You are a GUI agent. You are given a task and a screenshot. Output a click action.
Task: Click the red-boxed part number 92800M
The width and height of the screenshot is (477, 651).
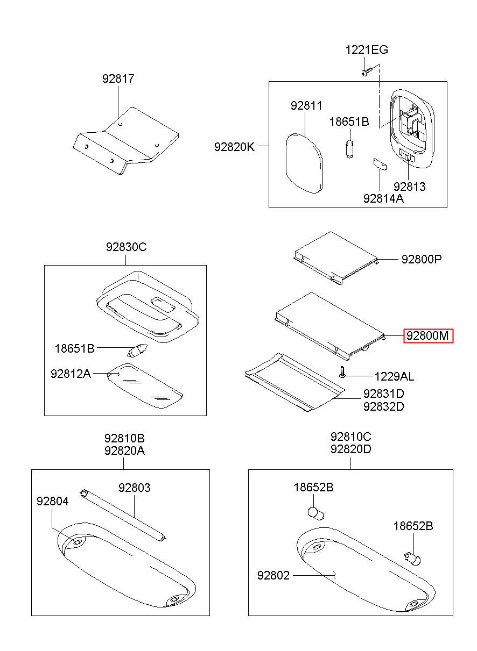427,336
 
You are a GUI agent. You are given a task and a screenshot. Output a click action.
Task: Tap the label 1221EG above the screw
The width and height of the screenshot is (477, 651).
366,50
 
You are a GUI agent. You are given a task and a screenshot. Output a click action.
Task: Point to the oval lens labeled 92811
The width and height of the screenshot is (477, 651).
304,163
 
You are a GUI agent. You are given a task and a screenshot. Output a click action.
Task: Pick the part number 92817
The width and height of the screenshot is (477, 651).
118,78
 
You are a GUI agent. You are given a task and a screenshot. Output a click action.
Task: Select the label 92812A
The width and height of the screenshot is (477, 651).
71,374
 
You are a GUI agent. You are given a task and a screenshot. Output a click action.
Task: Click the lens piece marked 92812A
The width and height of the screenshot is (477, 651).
144,387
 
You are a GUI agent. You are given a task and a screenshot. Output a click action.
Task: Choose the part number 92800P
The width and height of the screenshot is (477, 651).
421,259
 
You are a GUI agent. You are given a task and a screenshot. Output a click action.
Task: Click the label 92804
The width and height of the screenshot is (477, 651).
53,501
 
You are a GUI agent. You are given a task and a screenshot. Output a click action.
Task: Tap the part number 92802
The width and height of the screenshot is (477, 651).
273,576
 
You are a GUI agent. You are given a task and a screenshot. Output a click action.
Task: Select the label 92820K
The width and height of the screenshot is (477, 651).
234,146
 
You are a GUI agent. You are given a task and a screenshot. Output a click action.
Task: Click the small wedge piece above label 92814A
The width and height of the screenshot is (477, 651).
380,164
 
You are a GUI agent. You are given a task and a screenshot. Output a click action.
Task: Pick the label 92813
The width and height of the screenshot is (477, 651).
409,187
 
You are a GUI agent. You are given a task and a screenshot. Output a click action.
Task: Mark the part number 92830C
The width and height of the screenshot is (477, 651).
126,247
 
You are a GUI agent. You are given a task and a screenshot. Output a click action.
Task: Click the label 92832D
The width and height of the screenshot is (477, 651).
383,406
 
